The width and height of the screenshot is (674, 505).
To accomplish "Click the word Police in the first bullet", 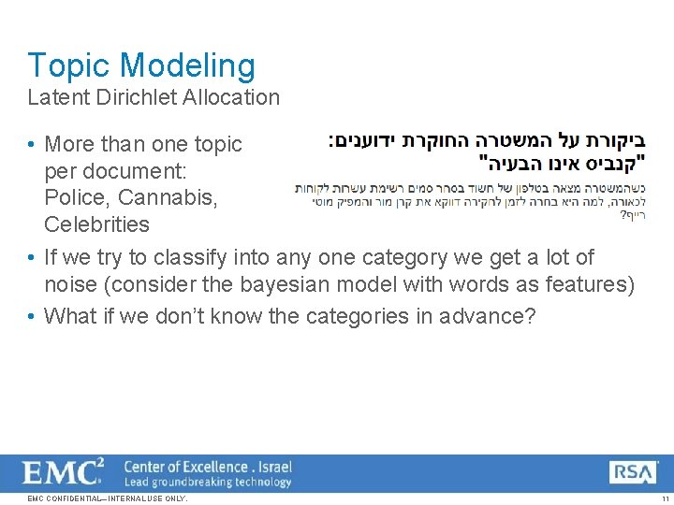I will pyautogui.click(x=75, y=198).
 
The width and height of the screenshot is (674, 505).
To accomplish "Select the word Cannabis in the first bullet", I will pyautogui.click(x=155, y=198).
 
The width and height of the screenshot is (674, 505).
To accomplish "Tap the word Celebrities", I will pyautogui.click(x=96, y=224).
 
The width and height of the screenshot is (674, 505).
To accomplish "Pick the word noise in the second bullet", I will pyautogui.click(x=70, y=284).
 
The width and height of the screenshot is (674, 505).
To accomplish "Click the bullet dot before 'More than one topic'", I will pyautogui.click(x=32, y=145).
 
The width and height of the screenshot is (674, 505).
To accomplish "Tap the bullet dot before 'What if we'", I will pyautogui.click(x=32, y=316).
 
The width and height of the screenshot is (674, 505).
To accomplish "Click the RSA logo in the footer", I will pyautogui.click(x=633, y=472).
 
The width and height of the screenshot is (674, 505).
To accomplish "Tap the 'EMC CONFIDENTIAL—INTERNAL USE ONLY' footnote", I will pyautogui.click(x=108, y=498).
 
